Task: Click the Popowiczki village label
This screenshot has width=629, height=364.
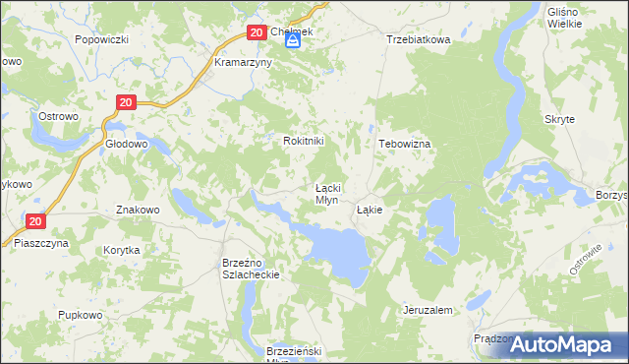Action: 102,40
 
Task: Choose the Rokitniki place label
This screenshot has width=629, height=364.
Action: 304,141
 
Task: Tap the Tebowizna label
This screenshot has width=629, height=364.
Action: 405,143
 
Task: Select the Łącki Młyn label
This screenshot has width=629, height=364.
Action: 326,193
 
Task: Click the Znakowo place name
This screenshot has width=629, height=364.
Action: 138,210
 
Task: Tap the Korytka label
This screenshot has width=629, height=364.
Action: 122,250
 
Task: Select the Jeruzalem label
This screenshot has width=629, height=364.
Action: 428,310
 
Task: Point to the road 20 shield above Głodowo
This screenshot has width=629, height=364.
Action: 125,102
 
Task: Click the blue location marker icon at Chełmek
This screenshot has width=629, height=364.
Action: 292,41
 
